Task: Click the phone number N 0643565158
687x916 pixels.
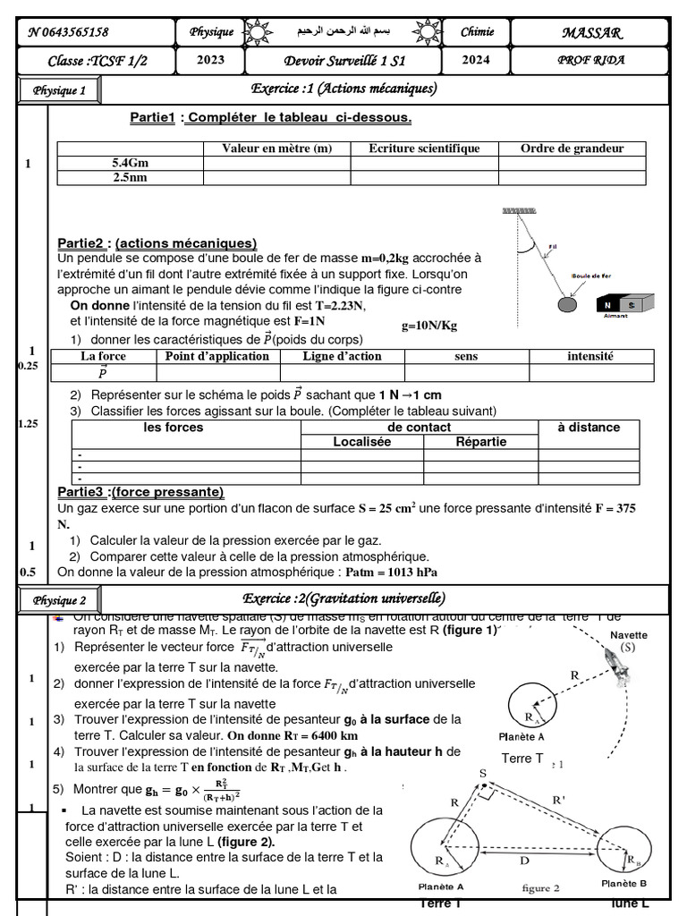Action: [68, 32]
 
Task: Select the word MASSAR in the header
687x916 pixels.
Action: [591, 32]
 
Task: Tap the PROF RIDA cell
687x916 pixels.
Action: [591, 61]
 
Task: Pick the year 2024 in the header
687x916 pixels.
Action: [476, 61]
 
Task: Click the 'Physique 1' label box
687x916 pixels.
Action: [60, 90]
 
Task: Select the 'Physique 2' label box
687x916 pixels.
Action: [60, 600]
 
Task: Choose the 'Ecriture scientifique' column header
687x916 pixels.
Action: [424, 148]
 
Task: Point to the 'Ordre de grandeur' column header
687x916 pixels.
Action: [572, 148]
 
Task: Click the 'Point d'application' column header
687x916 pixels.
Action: [217, 356]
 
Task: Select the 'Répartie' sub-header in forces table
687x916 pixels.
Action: [480, 442]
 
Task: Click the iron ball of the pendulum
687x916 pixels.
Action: [567, 305]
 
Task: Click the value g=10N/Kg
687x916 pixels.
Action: [429, 326]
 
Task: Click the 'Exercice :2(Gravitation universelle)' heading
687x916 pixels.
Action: [343, 598]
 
